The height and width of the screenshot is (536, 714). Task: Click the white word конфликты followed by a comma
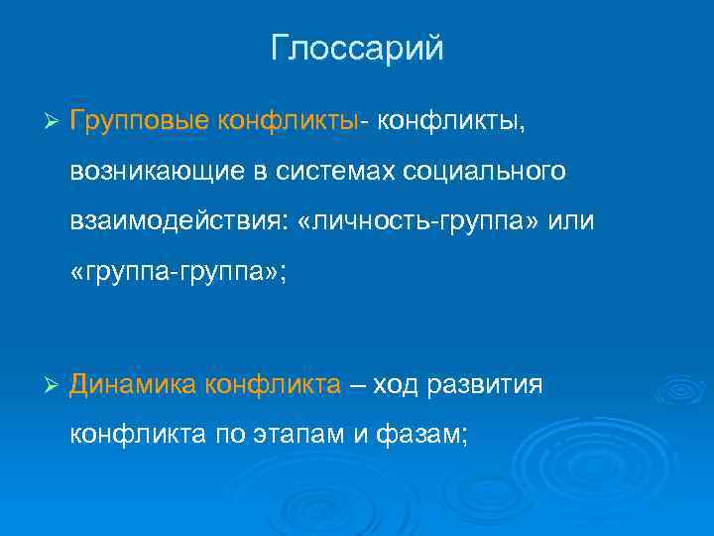point(451,121)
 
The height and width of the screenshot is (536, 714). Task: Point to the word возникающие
point(168,173)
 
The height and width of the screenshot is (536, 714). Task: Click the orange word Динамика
point(133,384)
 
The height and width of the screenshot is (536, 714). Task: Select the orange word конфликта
point(273,384)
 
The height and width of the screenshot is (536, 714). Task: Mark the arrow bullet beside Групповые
point(54,122)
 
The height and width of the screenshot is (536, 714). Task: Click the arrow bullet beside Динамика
point(54,384)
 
